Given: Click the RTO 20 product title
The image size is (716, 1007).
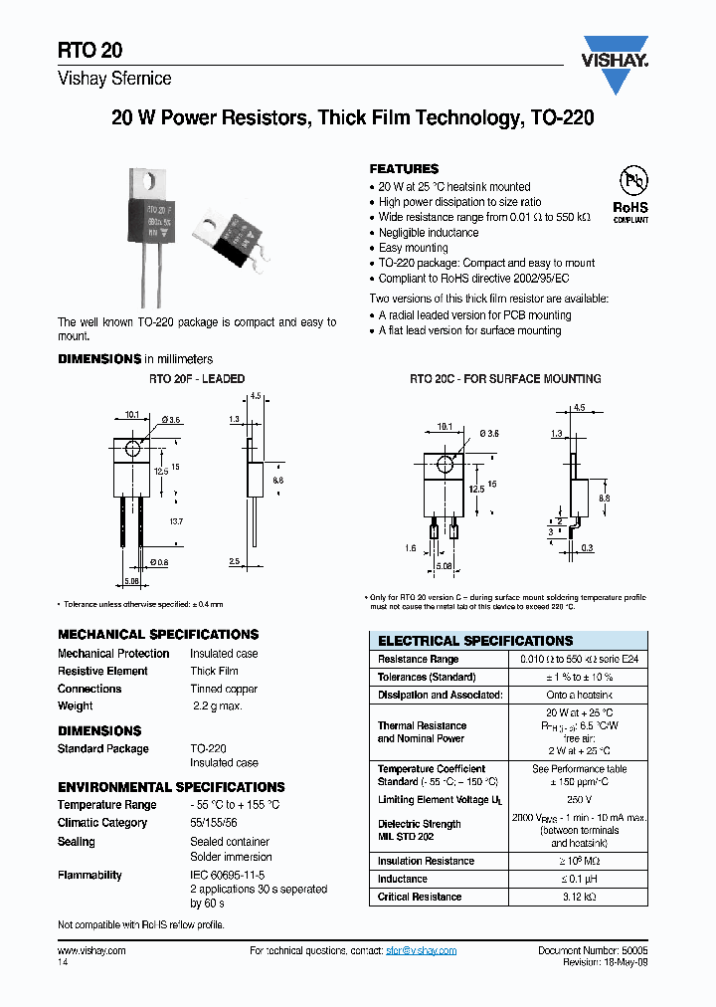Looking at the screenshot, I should (x=89, y=51).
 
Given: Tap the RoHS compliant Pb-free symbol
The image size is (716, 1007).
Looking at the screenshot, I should (x=630, y=192).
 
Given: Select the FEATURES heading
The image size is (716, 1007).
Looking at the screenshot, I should (x=404, y=169).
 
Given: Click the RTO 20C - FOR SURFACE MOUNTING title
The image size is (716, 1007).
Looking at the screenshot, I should (x=505, y=379).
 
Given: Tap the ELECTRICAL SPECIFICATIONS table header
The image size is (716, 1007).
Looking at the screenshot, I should (x=475, y=641).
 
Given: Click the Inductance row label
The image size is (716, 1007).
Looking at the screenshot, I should (x=402, y=879).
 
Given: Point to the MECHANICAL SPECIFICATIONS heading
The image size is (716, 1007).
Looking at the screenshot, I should (x=158, y=634).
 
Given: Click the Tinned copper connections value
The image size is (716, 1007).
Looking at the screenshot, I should (x=226, y=689).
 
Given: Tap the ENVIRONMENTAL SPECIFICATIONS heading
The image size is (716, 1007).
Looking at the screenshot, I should (x=171, y=787).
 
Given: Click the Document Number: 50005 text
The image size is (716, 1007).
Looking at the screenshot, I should (x=593, y=950).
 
